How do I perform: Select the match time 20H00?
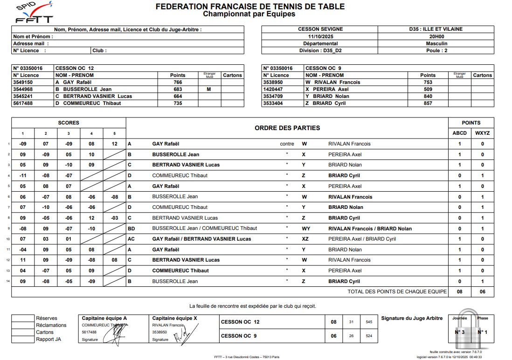[x=436, y=36]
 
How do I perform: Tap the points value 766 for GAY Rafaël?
[x=178, y=82]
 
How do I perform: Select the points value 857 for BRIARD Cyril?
[x=428, y=103]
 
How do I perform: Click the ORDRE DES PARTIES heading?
[x=287, y=128]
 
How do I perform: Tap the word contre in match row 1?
[x=287, y=144]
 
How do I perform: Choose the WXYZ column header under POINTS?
[x=483, y=133]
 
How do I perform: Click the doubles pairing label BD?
[x=131, y=228]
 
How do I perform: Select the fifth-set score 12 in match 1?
[x=114, y=144]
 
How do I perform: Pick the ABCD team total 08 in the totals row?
[x=459, y=291]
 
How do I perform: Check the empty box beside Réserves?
[x=23, y=318]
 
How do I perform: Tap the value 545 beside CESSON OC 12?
[x=369, y=322]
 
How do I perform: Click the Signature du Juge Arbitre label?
[x=412, y=318]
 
